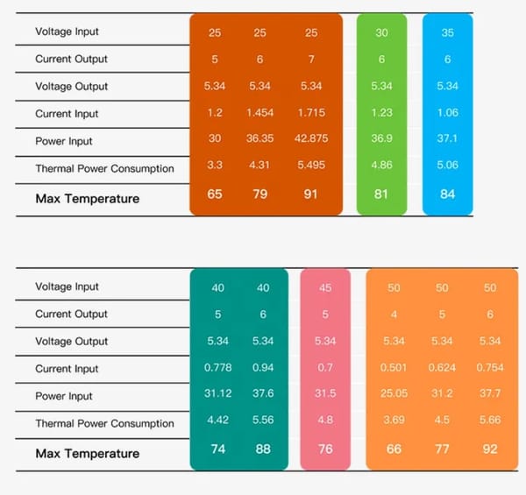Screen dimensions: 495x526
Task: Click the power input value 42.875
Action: (x=310, y=141)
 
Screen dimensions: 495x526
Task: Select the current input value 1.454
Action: (x=259, y=114)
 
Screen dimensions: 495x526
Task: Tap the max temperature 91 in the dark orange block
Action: (x=310, y=194)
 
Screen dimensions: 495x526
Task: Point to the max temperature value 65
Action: (x=215, y=194)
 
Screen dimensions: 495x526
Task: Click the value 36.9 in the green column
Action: (x=381, y=141)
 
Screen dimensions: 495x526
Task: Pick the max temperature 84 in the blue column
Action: (x=448, y=194)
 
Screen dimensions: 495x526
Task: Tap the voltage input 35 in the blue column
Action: (x=448, y=32)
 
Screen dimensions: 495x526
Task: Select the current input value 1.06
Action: (x=448, y=114)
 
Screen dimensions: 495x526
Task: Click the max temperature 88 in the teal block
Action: (x=262, y=449)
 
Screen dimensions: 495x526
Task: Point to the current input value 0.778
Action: (x=217, y=369)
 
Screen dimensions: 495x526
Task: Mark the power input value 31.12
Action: (x=217, y=396)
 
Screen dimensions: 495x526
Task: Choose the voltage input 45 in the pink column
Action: (x=325, y=287)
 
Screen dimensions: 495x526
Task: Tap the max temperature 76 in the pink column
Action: (x=325, y=449)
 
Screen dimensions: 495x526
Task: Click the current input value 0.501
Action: (x=394, y=369)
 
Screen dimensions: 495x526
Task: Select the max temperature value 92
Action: (x=490, y=449)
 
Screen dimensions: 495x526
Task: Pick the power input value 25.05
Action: (x=394, y=396)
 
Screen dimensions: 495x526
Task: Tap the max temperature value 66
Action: (x=394, y=449)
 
